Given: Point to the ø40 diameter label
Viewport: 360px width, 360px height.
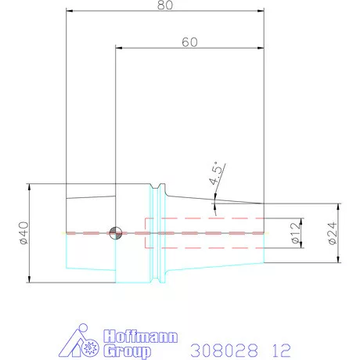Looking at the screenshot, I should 23,233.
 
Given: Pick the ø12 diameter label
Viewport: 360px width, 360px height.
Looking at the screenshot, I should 294,233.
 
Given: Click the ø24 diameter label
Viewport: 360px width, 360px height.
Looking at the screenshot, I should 332,233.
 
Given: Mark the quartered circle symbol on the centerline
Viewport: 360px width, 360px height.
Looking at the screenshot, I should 116,232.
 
